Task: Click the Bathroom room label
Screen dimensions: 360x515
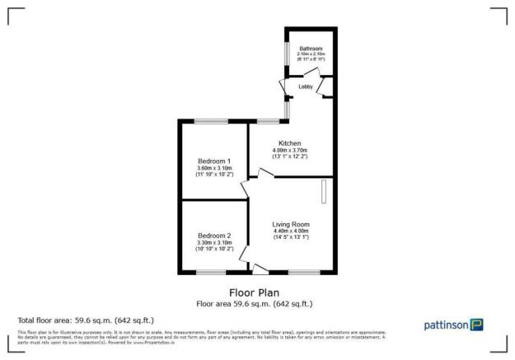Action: pyautogui.click(x=310, y=49)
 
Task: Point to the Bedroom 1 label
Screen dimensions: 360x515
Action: pyautogui.click(x=213, y=161)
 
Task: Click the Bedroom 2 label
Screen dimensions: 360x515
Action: pyautogui.click(x=213, y=235)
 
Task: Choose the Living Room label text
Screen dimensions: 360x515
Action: pyautogui.click(x=291, y=224)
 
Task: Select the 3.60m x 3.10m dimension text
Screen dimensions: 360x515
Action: pyautogui.click(x=213, y=168)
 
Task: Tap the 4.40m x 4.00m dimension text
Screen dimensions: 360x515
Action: pyautogui.click(x=291, y=231)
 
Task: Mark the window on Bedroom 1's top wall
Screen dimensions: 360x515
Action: pyautogui.click(x=211, y=122)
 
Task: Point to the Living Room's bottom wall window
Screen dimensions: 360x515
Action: pyautogui.click(x=304, y=271)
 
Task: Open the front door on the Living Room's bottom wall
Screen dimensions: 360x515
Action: pyautogui.click(x=261, y=269)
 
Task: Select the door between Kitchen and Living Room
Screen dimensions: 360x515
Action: pyautogui.click(x=265, y=173)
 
